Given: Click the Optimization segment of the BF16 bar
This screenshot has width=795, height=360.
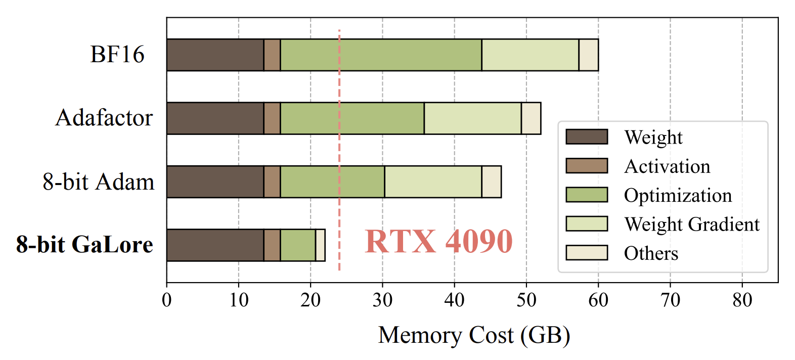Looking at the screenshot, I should [381, 55].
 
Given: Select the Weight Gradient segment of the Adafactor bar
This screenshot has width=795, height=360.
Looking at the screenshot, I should [472, 118].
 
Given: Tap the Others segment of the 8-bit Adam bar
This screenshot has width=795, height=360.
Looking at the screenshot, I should [491, 182].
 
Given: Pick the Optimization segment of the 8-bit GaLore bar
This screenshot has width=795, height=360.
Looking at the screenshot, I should [298, 245].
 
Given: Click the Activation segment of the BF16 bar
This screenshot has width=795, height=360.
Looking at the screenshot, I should [272, 55].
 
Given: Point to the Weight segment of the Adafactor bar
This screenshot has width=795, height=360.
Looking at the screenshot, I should [215, 118].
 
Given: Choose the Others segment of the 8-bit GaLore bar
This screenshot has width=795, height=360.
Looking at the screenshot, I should [320, 245].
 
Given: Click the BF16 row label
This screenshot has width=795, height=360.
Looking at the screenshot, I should [117, 55].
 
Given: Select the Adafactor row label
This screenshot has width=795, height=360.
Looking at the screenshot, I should [104, 118].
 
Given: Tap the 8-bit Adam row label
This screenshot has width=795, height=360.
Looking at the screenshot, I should [99, 182].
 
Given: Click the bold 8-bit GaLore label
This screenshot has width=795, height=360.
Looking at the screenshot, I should [84, 245].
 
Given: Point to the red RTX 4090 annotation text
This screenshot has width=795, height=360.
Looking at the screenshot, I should [438, 241].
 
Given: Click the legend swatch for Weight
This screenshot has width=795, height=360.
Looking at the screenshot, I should [587, 137].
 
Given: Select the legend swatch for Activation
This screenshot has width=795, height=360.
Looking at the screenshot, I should [587, 166].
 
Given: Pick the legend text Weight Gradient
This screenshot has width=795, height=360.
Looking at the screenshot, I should [691, 224].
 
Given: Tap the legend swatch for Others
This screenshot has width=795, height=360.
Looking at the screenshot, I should [587, 253].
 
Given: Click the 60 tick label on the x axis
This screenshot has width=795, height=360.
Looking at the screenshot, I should [598, 300].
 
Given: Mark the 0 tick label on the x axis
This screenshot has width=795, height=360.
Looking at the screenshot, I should [167, 300].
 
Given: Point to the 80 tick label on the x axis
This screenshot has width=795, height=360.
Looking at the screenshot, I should [742, 300].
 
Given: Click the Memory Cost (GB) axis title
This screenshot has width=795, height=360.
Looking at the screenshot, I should [474, 335].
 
